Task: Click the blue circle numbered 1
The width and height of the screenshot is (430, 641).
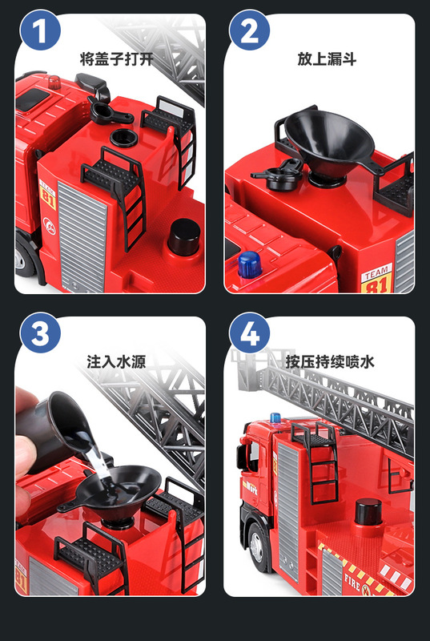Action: point(40,30)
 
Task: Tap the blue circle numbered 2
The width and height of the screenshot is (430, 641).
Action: point(250,30)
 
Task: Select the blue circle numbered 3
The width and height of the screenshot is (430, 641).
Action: point(40,333)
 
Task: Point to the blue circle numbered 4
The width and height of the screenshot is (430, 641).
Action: point(250,333)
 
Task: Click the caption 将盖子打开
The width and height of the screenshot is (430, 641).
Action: point(117,59)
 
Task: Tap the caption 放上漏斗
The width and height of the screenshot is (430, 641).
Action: point(327,59)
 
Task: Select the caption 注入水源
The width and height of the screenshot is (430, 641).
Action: point(116,362)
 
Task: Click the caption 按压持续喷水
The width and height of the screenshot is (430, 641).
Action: point(330,362)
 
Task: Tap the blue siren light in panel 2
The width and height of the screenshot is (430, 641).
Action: point(249,265)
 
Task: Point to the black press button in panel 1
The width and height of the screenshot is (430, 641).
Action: point(183,237)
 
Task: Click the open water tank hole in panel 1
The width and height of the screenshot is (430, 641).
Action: point(123,138)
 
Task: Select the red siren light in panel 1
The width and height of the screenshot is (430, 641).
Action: point(54,83)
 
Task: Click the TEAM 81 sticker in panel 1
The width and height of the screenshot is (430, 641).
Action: point(48,195)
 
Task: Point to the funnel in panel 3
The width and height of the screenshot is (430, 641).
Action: point(115,493)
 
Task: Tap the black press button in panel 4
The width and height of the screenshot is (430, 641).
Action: point(368,512)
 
